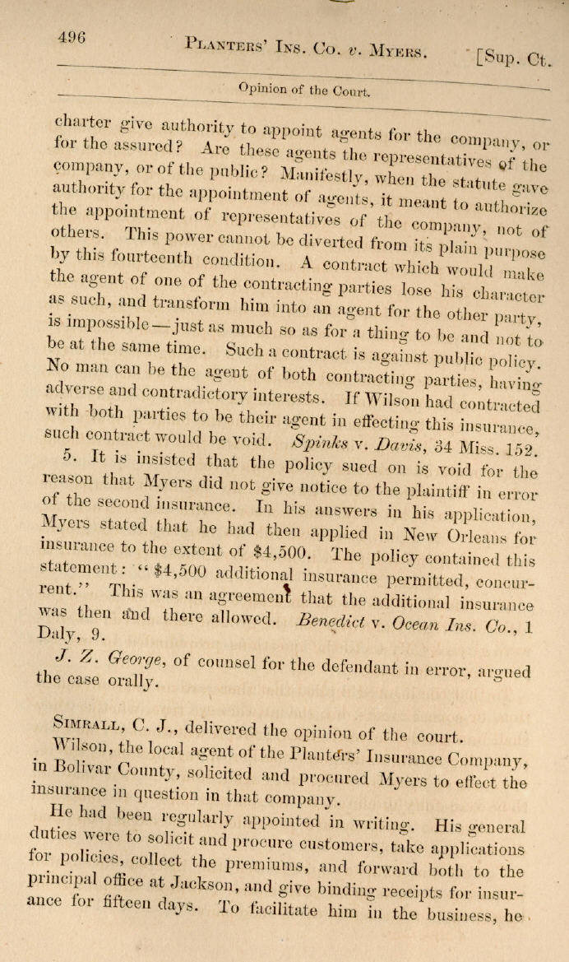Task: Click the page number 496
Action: pos(72,37)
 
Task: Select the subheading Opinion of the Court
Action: pos(303,89)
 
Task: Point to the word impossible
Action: pos(90,318)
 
